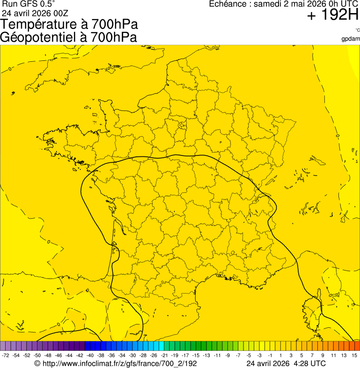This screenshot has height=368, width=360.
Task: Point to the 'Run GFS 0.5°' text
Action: point(29,4)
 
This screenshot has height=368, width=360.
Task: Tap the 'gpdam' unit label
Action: point(351,39)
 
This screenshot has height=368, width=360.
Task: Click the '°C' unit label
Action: point(357,30)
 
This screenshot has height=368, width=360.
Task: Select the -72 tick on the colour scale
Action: point(6,356)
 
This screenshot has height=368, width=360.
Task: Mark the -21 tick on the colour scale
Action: point(164,356)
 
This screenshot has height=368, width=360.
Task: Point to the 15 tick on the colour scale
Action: point(355,356)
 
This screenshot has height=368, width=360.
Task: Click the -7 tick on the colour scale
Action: point(238,356)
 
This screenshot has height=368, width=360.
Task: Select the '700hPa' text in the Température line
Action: point(111,25)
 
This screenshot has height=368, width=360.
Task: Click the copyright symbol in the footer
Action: point(37,363)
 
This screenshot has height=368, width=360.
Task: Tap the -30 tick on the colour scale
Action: point(132,356)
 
